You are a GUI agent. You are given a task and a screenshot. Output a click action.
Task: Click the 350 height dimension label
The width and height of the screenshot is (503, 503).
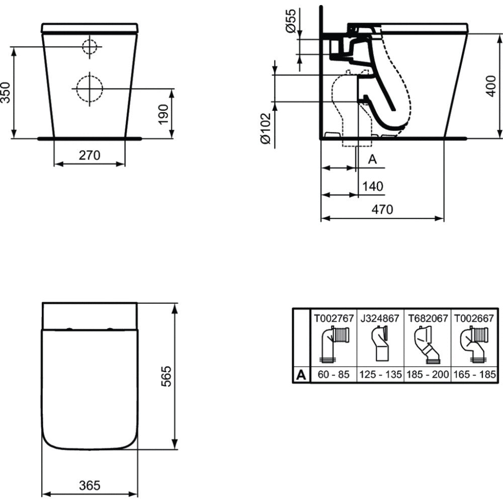point(6,93)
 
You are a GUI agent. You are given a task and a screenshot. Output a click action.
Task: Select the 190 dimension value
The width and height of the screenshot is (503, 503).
point(163,114)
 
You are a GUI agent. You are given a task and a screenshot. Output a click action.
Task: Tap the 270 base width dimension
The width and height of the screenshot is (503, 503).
point(90,155)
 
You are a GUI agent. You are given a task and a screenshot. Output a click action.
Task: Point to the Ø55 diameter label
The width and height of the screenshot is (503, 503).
point(291,21)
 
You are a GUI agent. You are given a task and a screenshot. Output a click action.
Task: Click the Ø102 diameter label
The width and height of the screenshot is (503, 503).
point(266,128)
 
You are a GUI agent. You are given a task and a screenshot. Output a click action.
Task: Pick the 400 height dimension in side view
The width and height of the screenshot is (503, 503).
point(491,86)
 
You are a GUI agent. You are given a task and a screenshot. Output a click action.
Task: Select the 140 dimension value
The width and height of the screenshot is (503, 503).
point(373,186)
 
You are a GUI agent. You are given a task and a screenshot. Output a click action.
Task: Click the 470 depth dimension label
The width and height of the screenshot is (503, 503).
point(382,209)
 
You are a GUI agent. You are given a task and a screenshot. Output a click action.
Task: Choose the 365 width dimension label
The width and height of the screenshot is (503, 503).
point(90,485)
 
